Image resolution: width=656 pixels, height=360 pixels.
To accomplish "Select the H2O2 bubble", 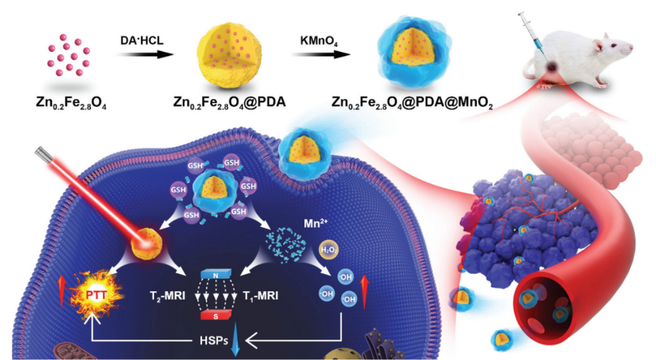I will click(327, 250).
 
